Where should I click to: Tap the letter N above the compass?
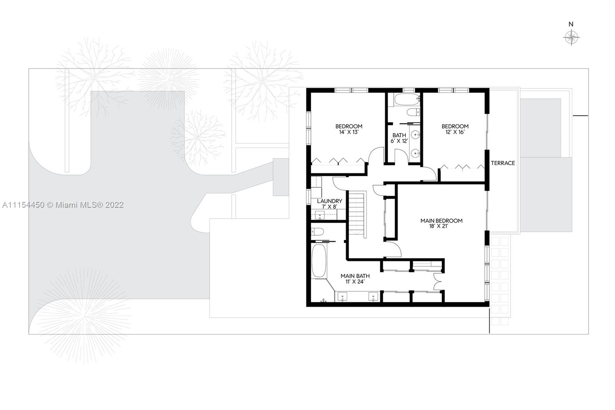[x=571, y=24]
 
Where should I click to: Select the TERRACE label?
[x=503, y=163]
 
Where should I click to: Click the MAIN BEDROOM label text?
[x=442, y=221]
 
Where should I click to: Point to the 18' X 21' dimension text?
[x=439, y=226]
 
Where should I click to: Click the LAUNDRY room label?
[x=329, y=201]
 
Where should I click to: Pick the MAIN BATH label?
[x=355, y=276]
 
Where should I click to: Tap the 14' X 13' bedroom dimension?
[x=349, y=132]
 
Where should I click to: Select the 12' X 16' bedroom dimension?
[x=455, y=132]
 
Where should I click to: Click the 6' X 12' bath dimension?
[x=399, y=141]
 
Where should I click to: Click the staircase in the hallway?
[x=357, y=213]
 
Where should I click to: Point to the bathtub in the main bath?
[x=319, y=261]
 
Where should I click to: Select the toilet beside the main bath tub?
[x=317, y=232]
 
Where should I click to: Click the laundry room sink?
[x=319, y=215]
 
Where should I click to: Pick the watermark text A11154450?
[x=23, y=205]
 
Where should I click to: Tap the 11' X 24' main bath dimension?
[x=355, y=282]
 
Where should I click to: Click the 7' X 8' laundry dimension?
[x=329, y=207]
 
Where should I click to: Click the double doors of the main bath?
[x=438, y=282]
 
